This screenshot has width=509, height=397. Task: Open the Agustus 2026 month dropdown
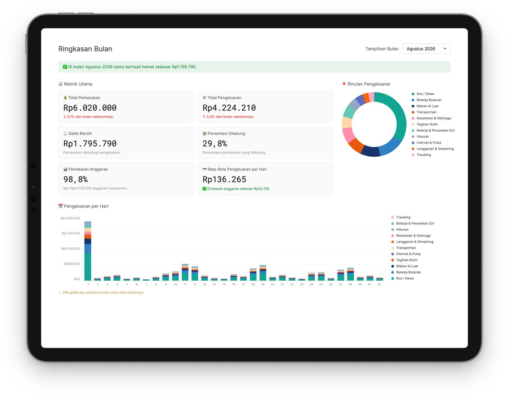click(x=426, y=49)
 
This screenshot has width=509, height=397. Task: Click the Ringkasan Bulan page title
click(x=85, y=49)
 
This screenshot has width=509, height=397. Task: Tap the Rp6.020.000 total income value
click(x=90, y=108)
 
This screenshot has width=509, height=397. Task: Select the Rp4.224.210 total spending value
click(x=229, y=108)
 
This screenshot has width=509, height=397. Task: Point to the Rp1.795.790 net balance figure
click(x=90, y=144)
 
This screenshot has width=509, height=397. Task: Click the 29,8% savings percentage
click(x=215, y=144)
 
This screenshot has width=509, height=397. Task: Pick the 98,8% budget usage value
click(x=75, y=179)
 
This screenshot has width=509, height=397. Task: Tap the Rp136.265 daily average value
click(x=224, y=179)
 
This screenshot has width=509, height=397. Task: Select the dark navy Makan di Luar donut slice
click(x=370, y=151)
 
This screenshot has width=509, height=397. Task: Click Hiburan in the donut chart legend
click(x=423, y=137)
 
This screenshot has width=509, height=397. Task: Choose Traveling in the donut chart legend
click(x=423, y=155)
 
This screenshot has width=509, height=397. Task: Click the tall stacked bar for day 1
click(x=88, y=251)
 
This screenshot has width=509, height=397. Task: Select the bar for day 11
click(x=185, y=272)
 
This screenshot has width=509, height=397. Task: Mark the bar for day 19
click(x=263, y=273)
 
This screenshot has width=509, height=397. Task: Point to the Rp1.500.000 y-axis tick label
click(x=71, y=233)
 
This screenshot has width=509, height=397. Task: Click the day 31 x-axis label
click(x=379, y=284)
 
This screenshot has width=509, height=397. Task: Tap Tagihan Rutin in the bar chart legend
click(x=406, y=260)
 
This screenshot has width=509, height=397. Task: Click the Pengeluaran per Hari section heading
click(x=86, y=206)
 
